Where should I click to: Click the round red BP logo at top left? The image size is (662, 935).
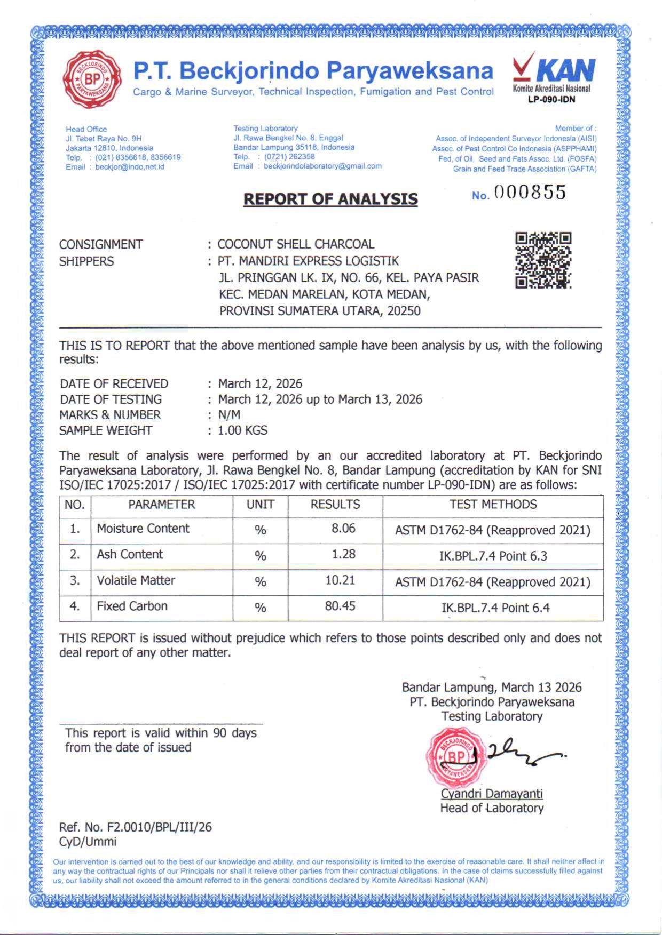pyautogui.click(x=92, y=79)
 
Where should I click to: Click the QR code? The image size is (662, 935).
pyautogui.click(x=543, y=260)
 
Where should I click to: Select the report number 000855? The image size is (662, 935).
pyautogui.click(x=530, y=193)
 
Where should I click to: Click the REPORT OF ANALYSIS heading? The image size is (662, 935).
pyautogui.click(x=330, y=199)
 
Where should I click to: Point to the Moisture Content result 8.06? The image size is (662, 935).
pyautogui.click(x=343, y=528)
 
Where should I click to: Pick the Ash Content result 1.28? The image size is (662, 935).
pyautogui.click(x=343, y=554)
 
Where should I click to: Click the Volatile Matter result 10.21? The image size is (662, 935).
pyautogui.click(x=340, y=580)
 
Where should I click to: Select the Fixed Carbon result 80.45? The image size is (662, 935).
pyautogui.click(x=340, y=606)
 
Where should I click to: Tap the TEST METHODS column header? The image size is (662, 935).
pyautogui.click(x=493, y=504)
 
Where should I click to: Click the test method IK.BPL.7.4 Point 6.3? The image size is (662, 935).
pyautogui.click(x=493, y=556)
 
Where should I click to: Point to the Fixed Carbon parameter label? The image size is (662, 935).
pyautogui.click(x=132, y=606)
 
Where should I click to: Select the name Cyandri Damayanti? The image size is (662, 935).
pyautogui.click(x=492, y=793)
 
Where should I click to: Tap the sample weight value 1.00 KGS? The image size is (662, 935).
pyautogui.click(x=243, y=430)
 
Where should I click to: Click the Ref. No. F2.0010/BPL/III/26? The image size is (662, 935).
pyautogui.click(x=136, y=827)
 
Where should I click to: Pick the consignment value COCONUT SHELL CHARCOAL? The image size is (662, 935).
pyautogui.click(x=296, y=244)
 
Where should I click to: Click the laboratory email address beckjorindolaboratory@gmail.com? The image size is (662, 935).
pyautogui.click(x=322, y=166)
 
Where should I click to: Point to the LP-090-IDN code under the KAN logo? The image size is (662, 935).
pyautogui.click(x=551, y=99)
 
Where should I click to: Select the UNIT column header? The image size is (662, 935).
pyautogui.click(x=260, y=504)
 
